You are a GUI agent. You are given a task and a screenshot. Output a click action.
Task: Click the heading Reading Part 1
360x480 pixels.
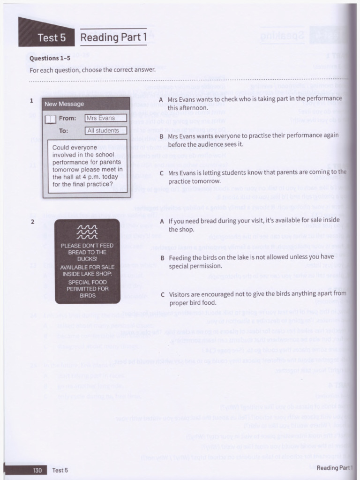113,37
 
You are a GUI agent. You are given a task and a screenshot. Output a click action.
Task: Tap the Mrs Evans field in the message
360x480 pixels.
105,118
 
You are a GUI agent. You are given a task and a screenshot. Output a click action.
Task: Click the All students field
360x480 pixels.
105,131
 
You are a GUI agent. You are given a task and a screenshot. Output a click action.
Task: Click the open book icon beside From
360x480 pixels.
50,119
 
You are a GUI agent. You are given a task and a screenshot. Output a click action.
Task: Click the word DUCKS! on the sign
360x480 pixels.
87,259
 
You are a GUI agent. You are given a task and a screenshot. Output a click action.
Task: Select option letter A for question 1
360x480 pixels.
161,100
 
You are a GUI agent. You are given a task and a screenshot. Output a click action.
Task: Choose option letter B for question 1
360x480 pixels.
161,136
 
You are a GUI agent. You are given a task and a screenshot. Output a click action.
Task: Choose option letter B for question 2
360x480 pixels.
162,258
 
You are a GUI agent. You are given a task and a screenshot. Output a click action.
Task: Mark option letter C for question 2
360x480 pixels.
162,295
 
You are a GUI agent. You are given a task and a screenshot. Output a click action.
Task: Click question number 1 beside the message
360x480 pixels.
31,100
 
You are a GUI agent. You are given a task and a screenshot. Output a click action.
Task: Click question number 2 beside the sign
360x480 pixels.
32,222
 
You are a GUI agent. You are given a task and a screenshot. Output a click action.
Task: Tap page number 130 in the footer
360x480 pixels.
37,470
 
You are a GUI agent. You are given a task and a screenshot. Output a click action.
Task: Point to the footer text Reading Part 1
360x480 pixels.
334,468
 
